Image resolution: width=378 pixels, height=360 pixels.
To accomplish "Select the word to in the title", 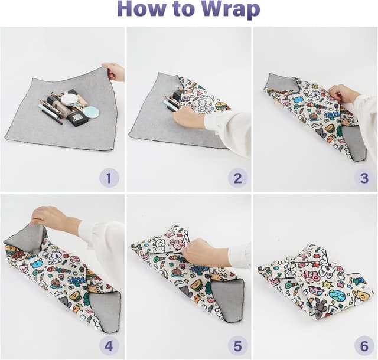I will coord(184,10).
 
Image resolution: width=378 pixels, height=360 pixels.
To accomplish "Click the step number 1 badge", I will coord(109,176).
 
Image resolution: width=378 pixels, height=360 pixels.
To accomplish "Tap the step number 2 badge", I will coord(237,176).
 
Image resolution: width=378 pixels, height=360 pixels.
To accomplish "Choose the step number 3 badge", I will coord(364,176).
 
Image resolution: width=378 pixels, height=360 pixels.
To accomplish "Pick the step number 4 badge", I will coord(109,345).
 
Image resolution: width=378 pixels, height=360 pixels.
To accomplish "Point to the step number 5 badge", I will coord(237,345).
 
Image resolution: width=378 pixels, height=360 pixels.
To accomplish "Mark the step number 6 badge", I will coord(364,345).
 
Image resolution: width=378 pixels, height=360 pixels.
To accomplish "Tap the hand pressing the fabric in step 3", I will coord(343,94).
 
